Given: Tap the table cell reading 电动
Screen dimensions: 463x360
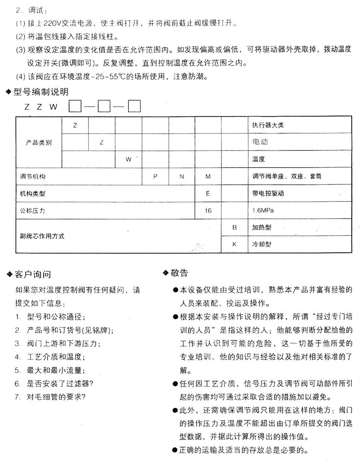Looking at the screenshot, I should coord(260,142).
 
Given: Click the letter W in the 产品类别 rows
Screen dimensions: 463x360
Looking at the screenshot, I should coord(128,159).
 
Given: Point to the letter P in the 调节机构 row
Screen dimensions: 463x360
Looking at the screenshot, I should coord(155,176).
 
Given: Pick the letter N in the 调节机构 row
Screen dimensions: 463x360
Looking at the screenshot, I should coord(182,176).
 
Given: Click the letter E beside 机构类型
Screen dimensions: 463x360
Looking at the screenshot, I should coord(208,194).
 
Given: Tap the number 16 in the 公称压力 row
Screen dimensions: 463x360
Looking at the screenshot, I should coord(208,211).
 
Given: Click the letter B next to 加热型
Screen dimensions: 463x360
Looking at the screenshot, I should coord(234,228).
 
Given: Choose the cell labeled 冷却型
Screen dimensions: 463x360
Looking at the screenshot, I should coord(262,244).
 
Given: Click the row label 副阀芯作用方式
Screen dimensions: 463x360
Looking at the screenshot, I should coord(42,236).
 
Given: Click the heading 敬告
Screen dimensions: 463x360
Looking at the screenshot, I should coord(179,273).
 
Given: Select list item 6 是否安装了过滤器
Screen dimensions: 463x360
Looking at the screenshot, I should coord(60,384).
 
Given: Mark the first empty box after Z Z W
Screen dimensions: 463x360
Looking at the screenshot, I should coord(75,107).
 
